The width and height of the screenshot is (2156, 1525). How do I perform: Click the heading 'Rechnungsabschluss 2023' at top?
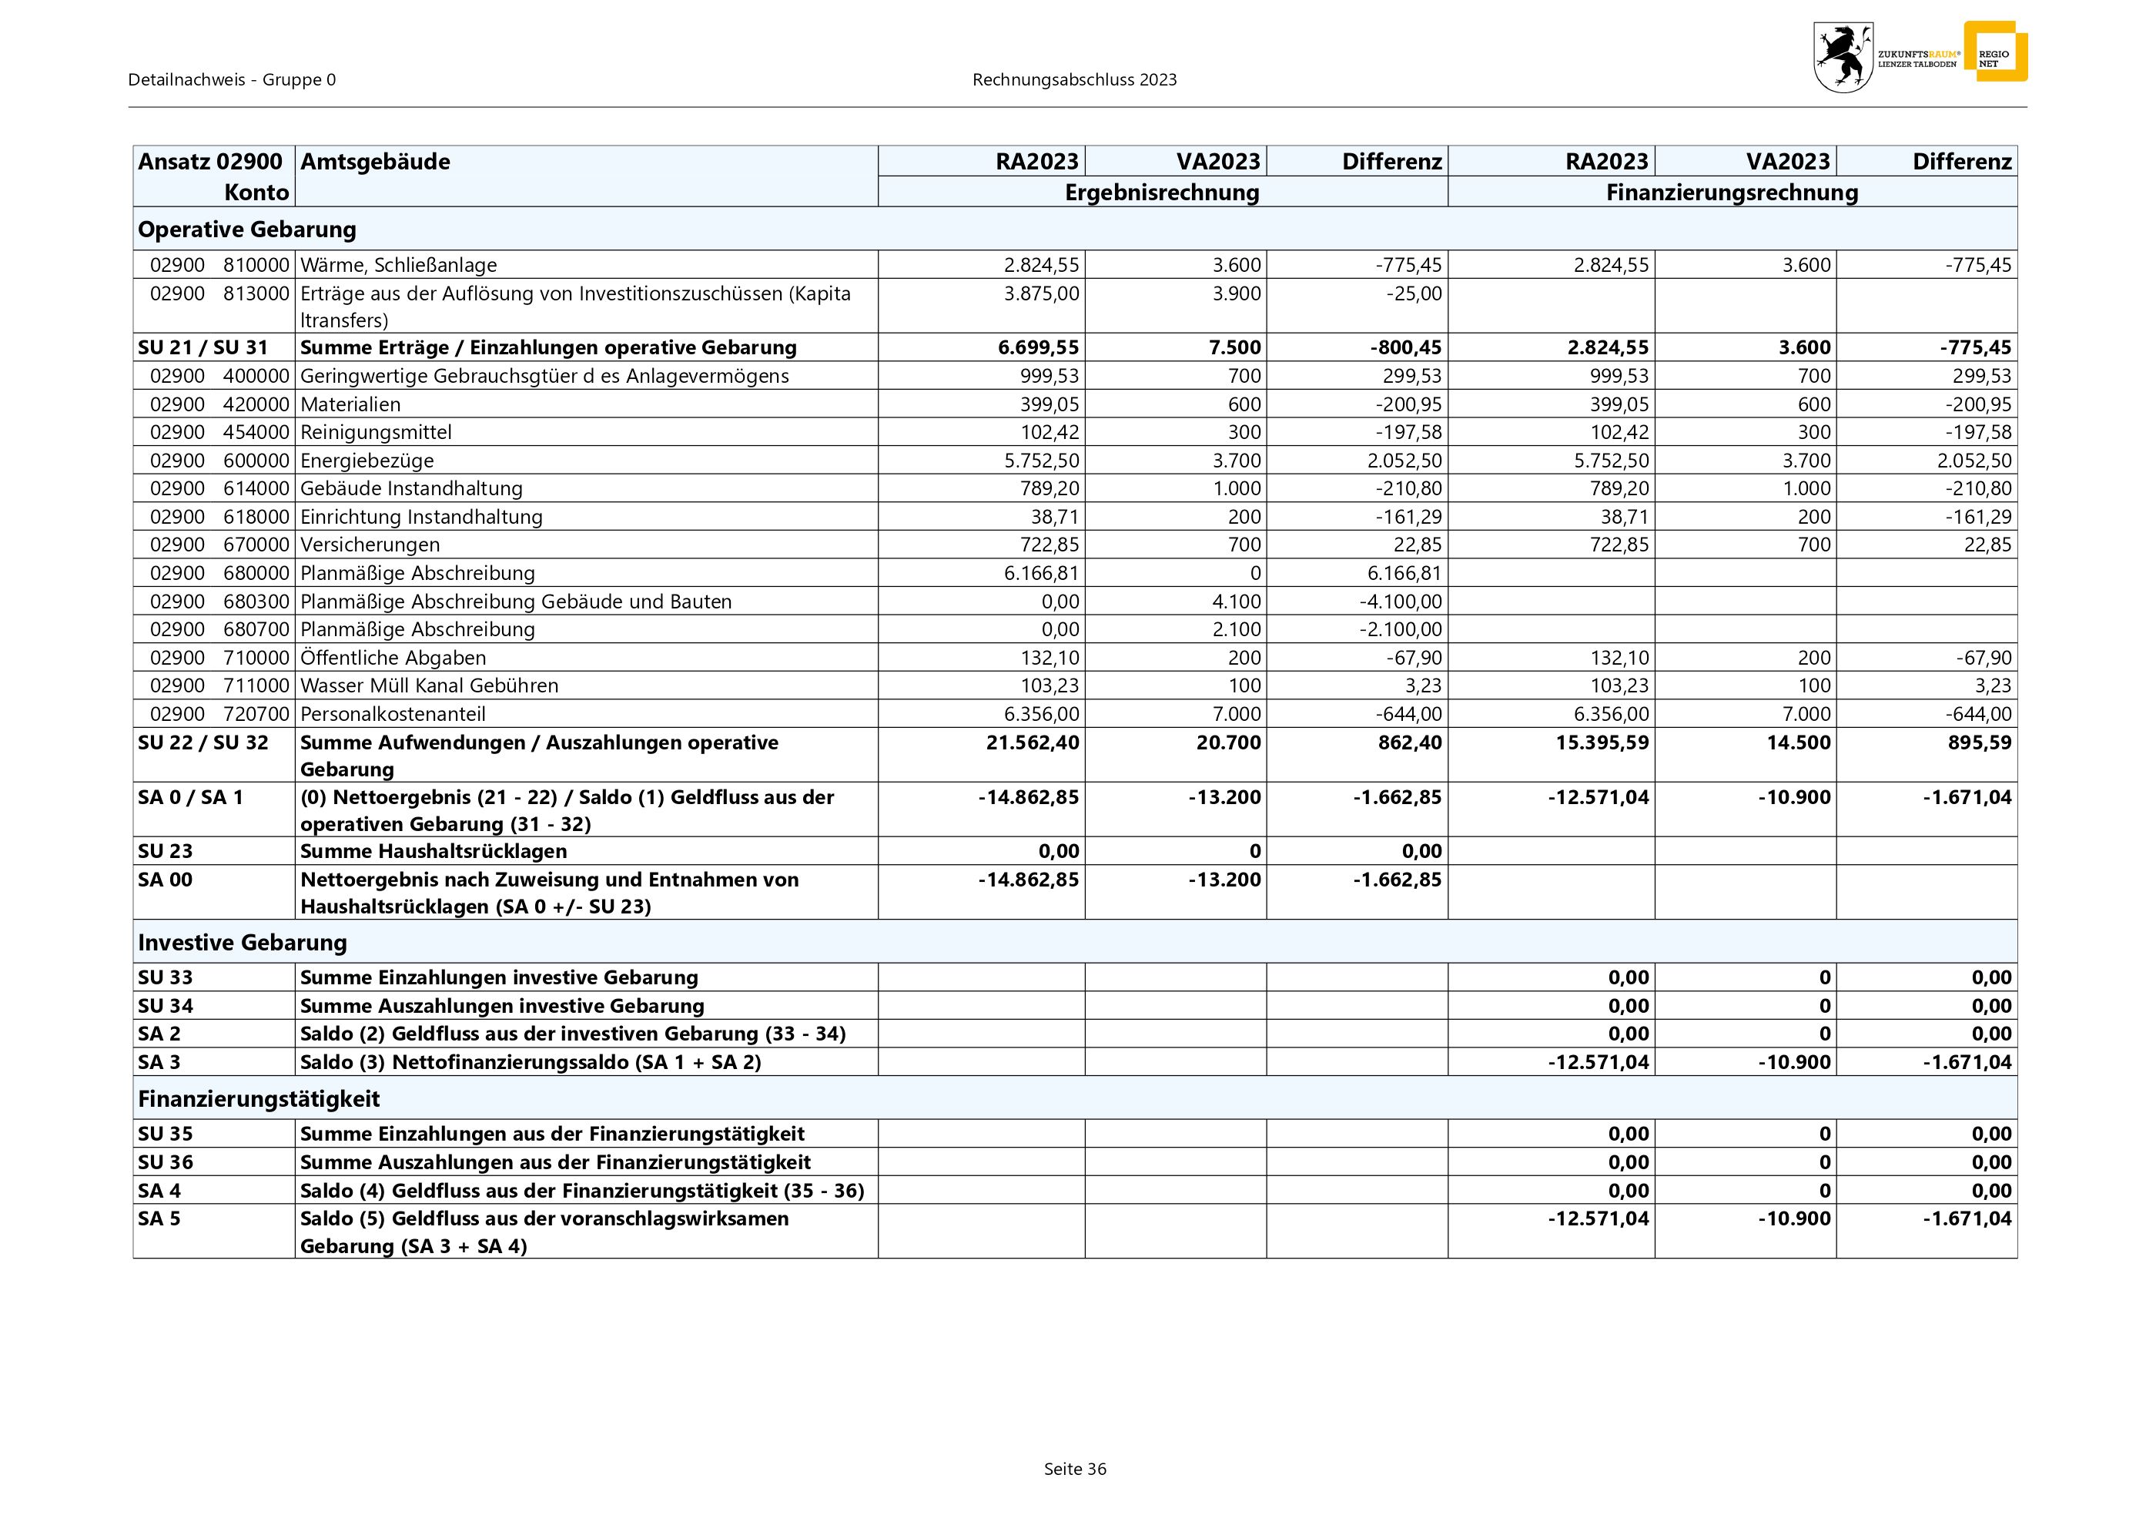coord(1074,80)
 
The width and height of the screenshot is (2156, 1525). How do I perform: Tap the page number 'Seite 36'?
coord(1074,1469)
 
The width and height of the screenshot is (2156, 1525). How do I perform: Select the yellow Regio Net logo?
coord(1995,52)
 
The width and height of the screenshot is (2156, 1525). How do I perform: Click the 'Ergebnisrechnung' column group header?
coord(1162,193)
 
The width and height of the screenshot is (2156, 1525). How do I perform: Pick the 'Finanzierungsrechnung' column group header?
coord(1732,193)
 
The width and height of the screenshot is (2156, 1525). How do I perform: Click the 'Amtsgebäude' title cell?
coord(376,162)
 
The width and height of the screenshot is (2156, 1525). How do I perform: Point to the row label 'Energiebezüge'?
coord(367,460)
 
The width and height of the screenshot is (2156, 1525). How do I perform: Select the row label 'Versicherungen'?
coord(370,545)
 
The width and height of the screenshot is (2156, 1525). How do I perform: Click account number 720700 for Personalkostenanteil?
coord(256,714)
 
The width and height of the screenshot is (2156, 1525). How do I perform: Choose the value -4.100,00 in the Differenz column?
coord(1400,601)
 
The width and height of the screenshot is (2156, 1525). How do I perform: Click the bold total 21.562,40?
coord(1032,742)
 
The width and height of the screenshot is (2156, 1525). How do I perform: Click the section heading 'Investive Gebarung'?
coord(243,942)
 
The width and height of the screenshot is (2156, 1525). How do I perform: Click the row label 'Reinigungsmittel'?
coord(376,432)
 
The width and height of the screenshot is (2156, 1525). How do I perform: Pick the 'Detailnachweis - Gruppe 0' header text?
coord(232,80)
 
